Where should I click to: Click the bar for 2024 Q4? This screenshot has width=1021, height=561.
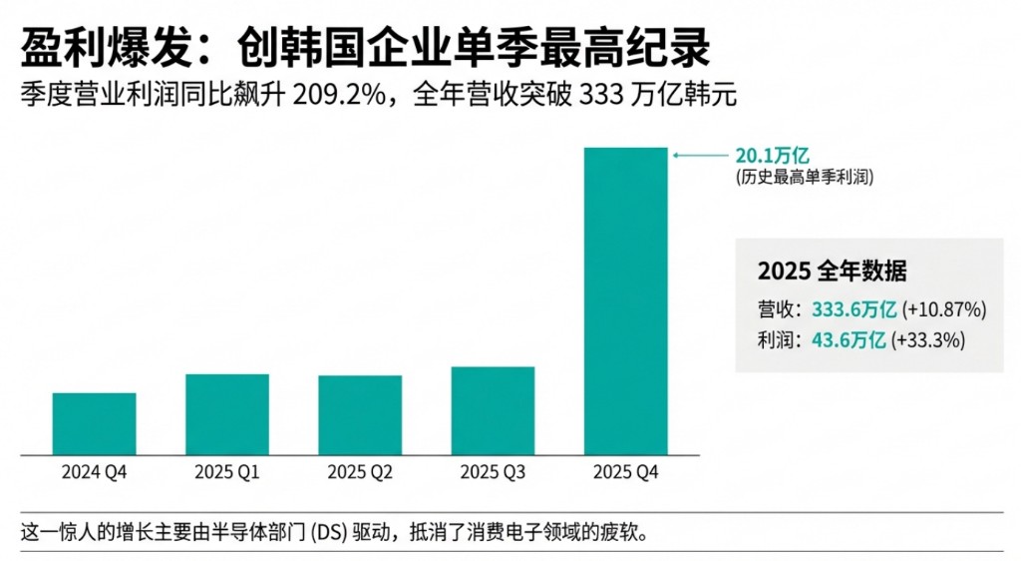(x=94, y=423)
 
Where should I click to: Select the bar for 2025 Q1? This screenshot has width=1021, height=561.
(x=227, y=413)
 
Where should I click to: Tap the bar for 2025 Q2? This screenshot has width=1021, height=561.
(x=360, y=414)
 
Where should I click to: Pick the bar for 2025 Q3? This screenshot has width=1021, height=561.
(x=493, y=410)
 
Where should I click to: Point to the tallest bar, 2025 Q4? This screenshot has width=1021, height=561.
(x=625, y=299)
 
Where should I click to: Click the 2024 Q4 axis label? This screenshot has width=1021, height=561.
(x=94, y=472)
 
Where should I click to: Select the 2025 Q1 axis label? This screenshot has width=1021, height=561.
(x=227, y=472)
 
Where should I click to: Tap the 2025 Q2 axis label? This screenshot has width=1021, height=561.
(x=360, y=472)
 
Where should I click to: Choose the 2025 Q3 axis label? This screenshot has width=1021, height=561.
(x=493, y=472)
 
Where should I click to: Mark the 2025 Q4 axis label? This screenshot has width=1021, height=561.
(x=625, y=472)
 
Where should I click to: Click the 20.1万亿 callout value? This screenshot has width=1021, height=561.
(x=771, y=156)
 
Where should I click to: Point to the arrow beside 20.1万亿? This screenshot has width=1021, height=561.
(x=698, y=156)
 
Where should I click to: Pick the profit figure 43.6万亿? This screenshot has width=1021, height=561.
(x=850, y=339)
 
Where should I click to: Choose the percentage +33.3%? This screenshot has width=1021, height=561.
(x=927, y=339)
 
